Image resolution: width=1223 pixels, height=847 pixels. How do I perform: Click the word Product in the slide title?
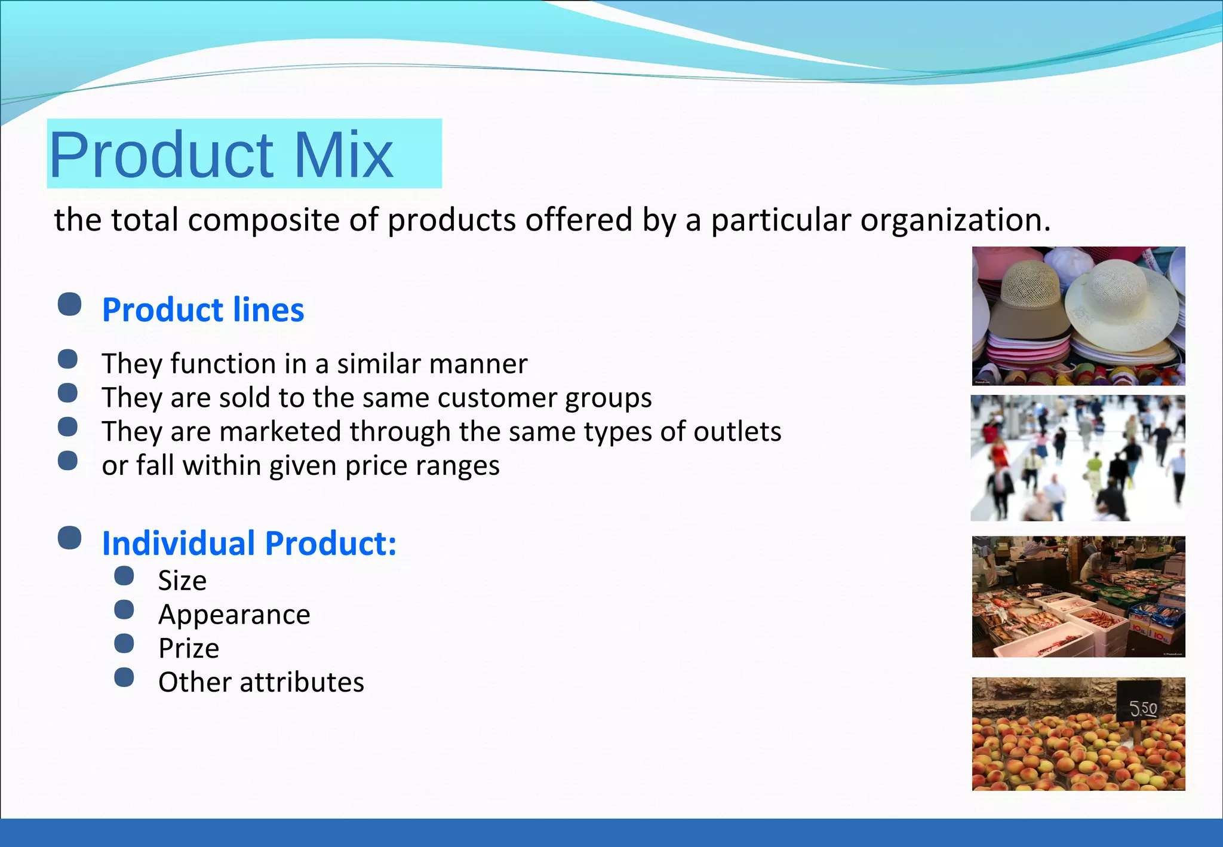pyautogui.click(x=161, y=155)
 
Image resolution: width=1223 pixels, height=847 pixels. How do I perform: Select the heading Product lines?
pyautogui.click(x=203, y=310)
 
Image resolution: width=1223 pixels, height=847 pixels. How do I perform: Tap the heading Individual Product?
pyautogui.click(x=249, y=544)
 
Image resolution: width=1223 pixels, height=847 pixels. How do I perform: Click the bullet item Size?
pyautogui.click(x=182, y=581)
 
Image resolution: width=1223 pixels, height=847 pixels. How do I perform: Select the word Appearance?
pyautogui.click(x=234, y=615)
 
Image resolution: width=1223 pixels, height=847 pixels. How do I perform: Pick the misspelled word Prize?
pyautogui.click(x=189, y=649)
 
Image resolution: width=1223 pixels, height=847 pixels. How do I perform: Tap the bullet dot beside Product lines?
pyautogui.click(x=70, y=304)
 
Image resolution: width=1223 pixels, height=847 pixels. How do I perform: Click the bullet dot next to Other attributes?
pyautogui.click(x=124, y=677)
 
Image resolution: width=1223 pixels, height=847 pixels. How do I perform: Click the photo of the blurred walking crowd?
pyautogui.click(x=1078, y=458)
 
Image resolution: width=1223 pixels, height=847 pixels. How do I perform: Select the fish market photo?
pyautogui.click(x=1078, y=597)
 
